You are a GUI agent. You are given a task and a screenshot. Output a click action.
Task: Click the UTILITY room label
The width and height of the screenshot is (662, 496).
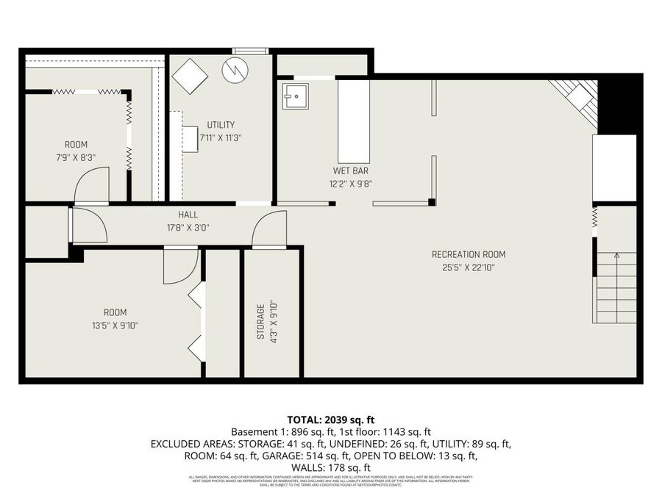point(221,125)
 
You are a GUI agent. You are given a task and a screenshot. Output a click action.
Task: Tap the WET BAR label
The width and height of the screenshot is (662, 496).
point(350,170)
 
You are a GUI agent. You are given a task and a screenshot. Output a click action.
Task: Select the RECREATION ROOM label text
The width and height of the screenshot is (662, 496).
point(469,255)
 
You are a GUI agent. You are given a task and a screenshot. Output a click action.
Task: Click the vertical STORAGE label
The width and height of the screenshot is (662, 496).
point(260,324)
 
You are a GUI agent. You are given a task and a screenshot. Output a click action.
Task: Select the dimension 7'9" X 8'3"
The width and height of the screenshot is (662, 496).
point(75,157)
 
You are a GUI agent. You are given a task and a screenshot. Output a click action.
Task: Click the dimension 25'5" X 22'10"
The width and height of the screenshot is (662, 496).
point(469,268)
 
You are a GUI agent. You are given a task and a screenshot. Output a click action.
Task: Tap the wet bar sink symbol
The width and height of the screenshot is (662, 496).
point(296,96)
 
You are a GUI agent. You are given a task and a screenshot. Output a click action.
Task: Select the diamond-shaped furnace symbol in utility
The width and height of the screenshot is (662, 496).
point(190,76)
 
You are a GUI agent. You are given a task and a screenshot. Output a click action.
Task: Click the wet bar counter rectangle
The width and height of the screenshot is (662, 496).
point(353,121)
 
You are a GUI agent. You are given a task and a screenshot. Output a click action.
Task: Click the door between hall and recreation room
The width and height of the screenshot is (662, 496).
point(269,229)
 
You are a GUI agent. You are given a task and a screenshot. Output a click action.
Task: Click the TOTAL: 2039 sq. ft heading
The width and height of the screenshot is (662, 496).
point(330,420)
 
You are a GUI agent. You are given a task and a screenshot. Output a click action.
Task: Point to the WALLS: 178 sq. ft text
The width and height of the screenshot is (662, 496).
point(330,467)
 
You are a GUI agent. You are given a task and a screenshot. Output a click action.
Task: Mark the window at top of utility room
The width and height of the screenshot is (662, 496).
point(249,51)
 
